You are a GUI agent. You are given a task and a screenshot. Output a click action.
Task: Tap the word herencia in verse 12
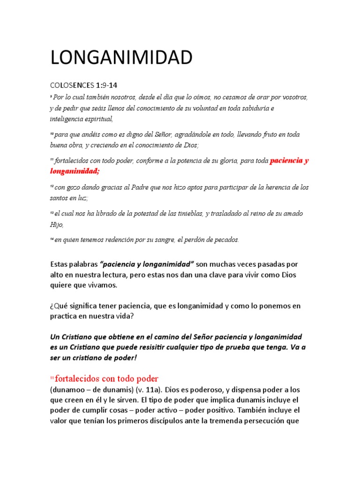(x=272, y=187)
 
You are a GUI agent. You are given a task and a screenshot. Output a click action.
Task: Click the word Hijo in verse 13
(x=57, y=224)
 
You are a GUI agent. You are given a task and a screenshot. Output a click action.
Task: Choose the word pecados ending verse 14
(x=224, y=240)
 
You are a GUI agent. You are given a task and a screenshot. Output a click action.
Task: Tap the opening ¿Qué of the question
(x=59, y=306)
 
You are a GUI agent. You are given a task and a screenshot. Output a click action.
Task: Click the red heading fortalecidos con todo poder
(x=106, y=378)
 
